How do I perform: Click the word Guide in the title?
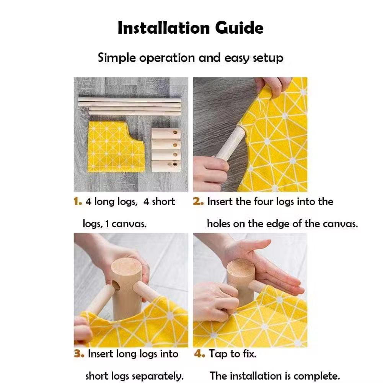(239, 28)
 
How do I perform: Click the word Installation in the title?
(164, 28)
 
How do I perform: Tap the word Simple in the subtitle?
(117, 59)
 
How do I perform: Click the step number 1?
(78, 202)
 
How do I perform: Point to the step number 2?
(198, 202)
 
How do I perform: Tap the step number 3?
(79, 354)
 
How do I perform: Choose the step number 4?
(199, 354)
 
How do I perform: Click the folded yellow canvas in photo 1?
(115, 146)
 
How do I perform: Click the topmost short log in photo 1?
(166, 134)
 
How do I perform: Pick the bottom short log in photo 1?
(166, 166)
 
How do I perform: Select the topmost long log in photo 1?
(129, 99)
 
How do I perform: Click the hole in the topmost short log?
(175, 132)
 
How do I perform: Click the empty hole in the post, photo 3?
(116, 286)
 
